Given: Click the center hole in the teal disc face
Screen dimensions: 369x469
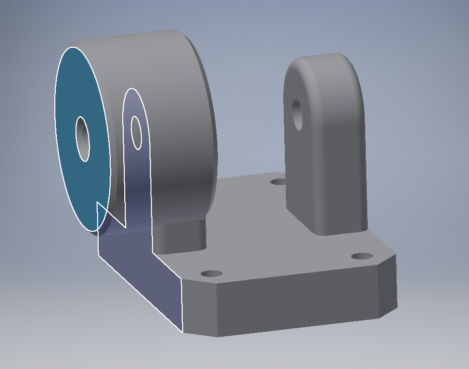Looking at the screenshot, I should coord(83,139).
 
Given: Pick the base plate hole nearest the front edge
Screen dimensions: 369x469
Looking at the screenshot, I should coord(211,274).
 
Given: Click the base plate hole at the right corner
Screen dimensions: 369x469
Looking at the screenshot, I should coord(362,256).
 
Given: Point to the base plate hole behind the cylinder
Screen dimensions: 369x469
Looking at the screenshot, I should coord(277,181).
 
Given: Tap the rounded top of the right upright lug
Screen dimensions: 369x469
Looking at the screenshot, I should coord(322,63).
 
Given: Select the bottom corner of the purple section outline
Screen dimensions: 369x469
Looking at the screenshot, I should coord(182,332).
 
